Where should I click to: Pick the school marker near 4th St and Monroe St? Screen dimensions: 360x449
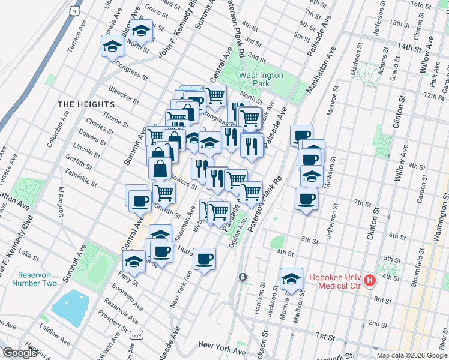(x=291, y=278)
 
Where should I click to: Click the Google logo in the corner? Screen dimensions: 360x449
(x=20, y=353)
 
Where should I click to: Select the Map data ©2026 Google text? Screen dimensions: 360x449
(x=411, y=355)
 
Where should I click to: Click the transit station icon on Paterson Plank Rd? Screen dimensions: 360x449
(x=242, y=277)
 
